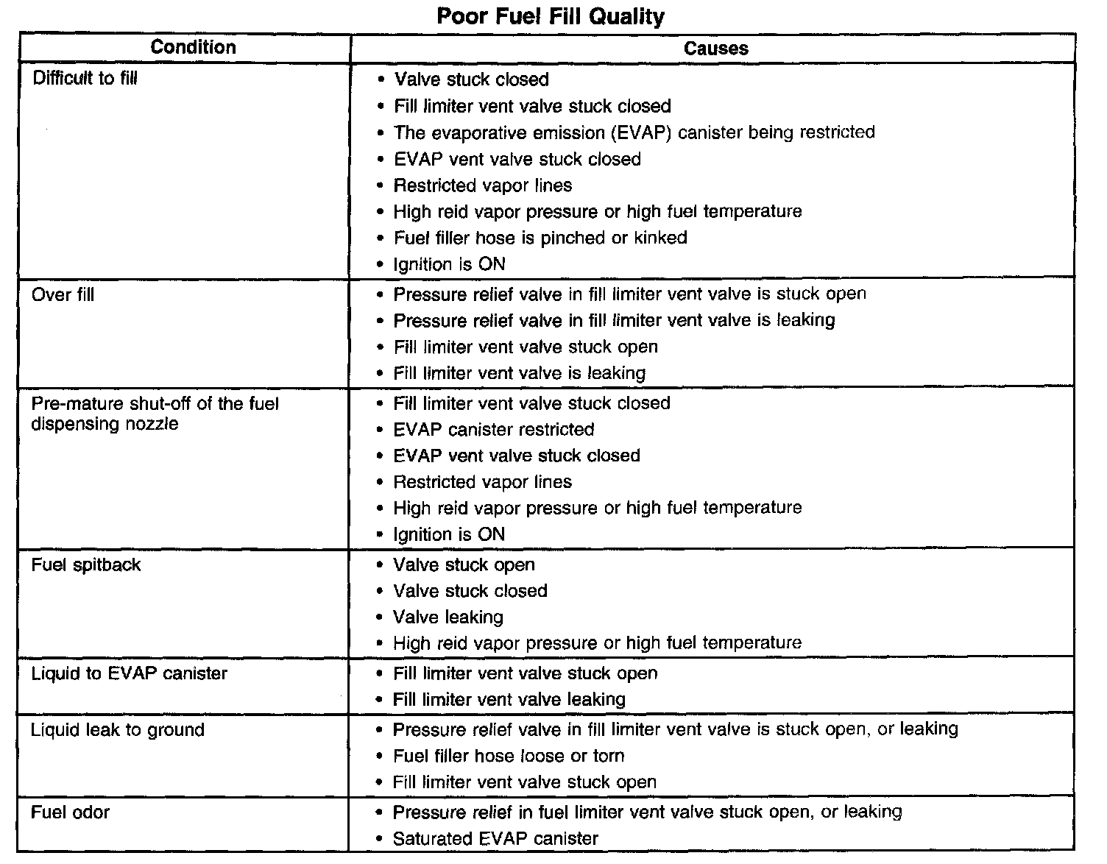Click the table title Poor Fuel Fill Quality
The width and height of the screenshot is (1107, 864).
click(x=551, y=16)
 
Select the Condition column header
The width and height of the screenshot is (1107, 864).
click(x=193, y=48)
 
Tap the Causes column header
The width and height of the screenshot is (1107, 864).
click(x=715, y=49)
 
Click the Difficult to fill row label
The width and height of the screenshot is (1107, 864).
click(x=85, y=78)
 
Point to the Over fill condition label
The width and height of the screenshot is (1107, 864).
click(x=63, y=295)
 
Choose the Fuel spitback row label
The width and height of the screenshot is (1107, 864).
click(x=86, y=565)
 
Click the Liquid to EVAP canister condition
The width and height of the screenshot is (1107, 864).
click(x=130, y=673)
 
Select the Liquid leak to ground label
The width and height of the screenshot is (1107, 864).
click(x=118, y=730)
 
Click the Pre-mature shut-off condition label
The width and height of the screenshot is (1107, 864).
click(x=155, y=414)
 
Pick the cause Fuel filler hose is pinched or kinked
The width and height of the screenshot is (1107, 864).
click(x=540, y=238)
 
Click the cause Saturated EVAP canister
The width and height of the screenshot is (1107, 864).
click(x=495, y=838)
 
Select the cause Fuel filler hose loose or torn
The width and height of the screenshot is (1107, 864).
click(x=509, y=756)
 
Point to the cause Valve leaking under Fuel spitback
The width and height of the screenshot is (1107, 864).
click(x=448, y=617)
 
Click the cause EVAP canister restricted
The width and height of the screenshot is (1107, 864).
click(x=494, y=429)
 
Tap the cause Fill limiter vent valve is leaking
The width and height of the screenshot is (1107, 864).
click(x=519, y=373)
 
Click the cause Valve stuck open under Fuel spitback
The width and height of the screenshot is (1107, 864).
click(x=464, y=564)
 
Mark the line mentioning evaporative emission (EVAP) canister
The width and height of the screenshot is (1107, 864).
click(x=634, y=132)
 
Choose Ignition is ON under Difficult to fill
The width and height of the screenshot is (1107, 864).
click(x=449, y=264)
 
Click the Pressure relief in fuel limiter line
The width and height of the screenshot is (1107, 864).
click(x=647, y=812)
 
